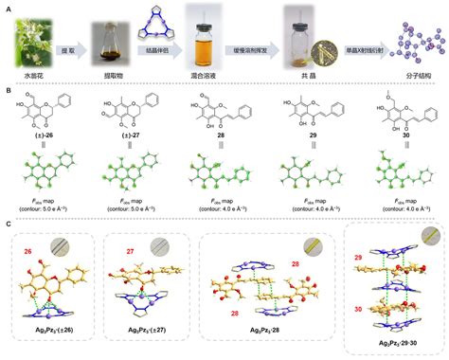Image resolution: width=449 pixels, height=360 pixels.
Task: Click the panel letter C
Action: pos(8,225)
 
